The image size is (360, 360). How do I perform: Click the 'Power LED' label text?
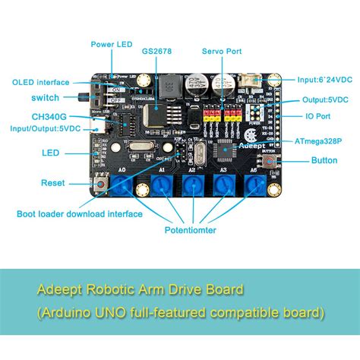pos(112,44)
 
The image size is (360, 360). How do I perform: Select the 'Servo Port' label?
pos(222,52)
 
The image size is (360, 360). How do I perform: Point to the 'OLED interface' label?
pos(41,82)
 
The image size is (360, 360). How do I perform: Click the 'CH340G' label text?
pos(48,117)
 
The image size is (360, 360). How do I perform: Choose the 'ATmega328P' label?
pos(320,141)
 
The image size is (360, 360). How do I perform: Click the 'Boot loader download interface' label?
pos(80,214)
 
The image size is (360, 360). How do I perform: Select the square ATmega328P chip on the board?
pos(226,150)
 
